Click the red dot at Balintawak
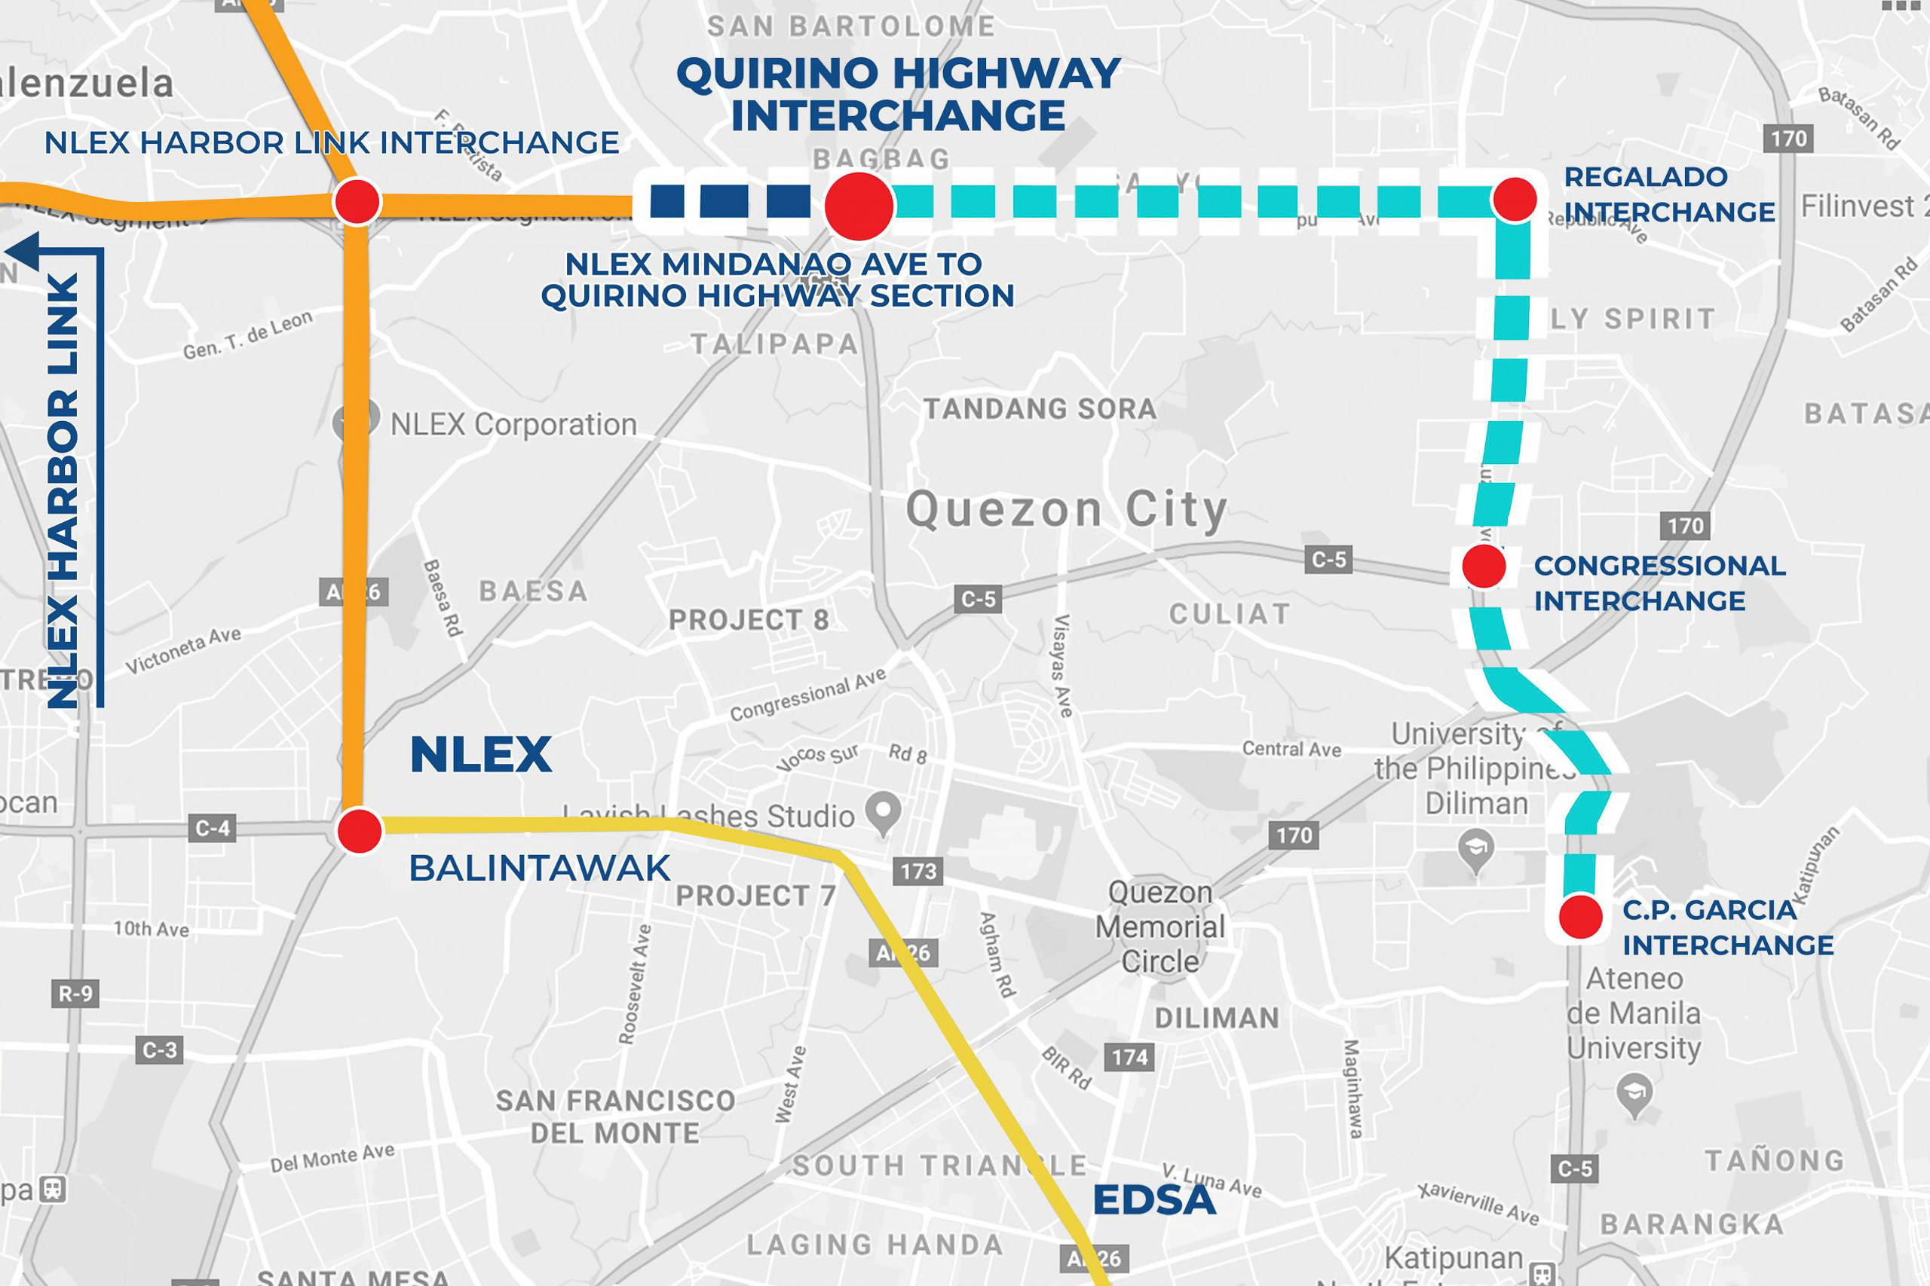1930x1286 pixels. (x=360, y=831)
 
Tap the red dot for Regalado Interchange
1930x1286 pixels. (x=1515, y=198)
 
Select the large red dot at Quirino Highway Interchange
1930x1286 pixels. (x=859, y=206)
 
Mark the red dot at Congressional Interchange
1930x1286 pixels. (x=1484, y=566)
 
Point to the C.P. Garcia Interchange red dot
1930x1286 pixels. (x=1580, y=917)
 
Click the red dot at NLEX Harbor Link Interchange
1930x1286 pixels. (x=357, y=202)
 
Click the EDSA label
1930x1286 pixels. (x=1153, y=1201)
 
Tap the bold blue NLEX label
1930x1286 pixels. (x=480, y=755)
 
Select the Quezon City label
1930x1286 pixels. (x=1066, y=510)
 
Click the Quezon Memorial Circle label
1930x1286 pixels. (x=1160, y=927)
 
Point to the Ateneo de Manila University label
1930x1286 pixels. (x=1633, y=1014)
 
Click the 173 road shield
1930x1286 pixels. (x=918, y=871)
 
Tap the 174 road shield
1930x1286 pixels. (x=1129, y=1057)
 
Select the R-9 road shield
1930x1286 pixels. (x=75, y=994)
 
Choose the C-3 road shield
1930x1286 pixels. (x=159, y=1049)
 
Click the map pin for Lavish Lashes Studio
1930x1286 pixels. (x=884, y=811)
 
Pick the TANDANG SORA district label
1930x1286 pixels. (x=1040, y=408)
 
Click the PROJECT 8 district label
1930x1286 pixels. (x=749, y=620)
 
